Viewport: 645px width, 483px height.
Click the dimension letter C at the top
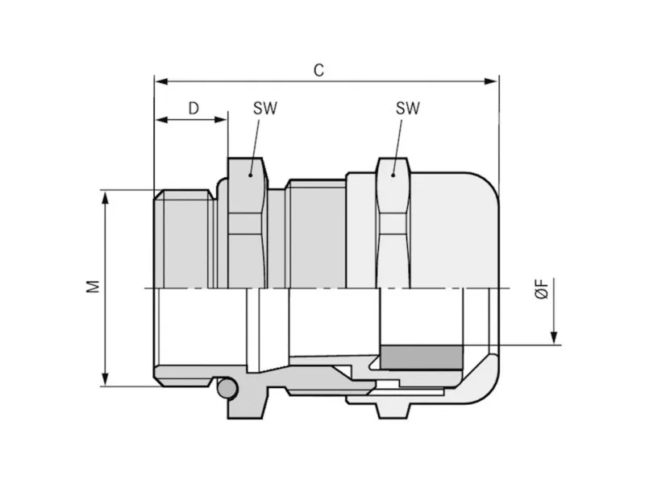[x=318, y=70]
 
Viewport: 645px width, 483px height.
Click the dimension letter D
[x=193, y=109]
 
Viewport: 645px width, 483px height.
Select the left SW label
[x=265, y=109]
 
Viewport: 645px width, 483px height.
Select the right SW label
[x=408, y=108]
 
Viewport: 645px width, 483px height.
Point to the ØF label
[x=542, y=289]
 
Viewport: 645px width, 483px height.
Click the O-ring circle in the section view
[x=227, y=388]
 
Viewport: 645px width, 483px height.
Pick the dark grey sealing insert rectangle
[x=421, y=357]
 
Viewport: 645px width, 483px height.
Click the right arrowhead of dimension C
[x=491, y=81]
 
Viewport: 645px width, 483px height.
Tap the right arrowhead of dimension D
[x=220, y=120]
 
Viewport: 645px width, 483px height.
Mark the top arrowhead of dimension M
[x=106, y=197]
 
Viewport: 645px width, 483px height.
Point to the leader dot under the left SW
[x=250, y=175]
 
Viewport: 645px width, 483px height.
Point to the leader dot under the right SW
[x=393, y=175]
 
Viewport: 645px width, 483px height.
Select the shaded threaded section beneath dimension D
[x=185, y=239]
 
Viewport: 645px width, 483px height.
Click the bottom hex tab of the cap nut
[x=393, y=410]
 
